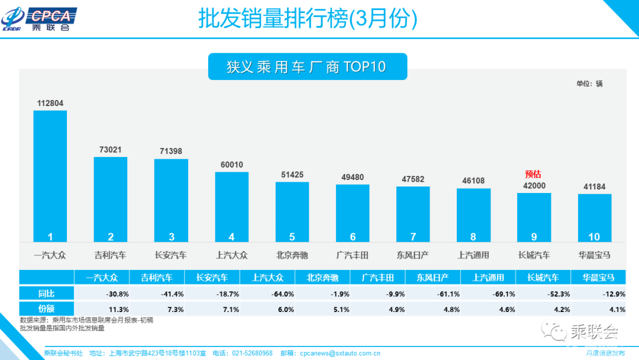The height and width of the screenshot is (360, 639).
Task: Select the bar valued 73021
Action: coord(111,199)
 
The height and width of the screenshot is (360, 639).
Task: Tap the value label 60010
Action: coord(231,165)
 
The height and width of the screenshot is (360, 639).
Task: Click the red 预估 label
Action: coord(533,174)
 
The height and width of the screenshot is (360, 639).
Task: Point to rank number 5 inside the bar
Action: coord(292,237)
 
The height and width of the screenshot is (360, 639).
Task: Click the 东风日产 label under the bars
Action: coord(412,255)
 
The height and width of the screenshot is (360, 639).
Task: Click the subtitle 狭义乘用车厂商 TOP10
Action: coord(306,67)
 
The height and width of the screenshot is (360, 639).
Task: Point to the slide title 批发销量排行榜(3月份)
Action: coord(308,20)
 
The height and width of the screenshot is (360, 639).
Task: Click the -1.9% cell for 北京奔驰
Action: coord(322,293)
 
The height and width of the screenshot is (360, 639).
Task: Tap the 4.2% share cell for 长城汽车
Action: coord(543,308)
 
